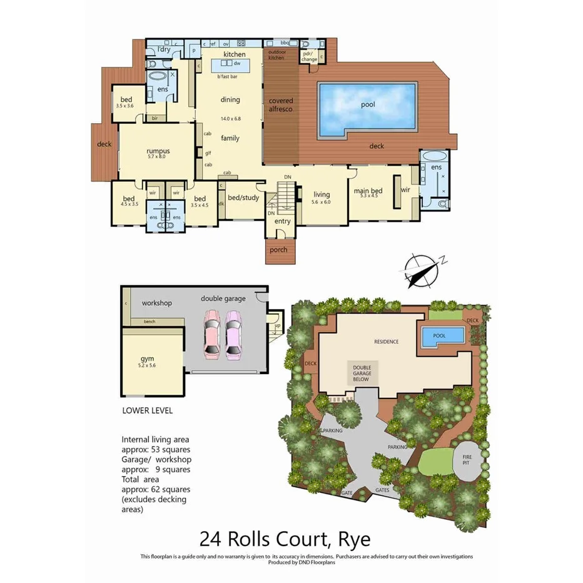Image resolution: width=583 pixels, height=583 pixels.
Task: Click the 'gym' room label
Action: pyautogui.click(x=147, y=358)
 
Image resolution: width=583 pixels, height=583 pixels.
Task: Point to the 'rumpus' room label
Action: pyautogui.click(x=158, y=151)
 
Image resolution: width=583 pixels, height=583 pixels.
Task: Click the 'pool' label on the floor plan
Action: pyautogui.click(x=368, y=104)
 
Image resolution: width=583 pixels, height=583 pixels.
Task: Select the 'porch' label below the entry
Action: pyautogui.click(x=278, y=250)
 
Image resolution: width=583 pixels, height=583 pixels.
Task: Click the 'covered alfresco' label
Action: pyautogui.click(x=281, y=104)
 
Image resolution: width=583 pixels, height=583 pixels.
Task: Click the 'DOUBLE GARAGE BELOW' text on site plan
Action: pyautogui.click(x=361, y=373)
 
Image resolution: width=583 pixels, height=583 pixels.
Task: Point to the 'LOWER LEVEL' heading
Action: pyautogui.click(x=147, y=411)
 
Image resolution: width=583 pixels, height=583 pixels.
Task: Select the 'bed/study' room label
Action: pyautogui.click(x=243, y=198)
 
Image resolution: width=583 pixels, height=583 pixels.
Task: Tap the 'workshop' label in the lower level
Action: pyautogui.click(x=156, y=303)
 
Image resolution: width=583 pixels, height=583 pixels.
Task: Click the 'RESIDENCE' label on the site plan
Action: pyautogui.click(x=386, y=342)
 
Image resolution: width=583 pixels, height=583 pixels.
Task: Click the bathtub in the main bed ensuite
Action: pyautogui.click(x=434, y=156)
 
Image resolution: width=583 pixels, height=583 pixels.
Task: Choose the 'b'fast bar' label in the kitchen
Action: pyautogui.click(x=227, y=77)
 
